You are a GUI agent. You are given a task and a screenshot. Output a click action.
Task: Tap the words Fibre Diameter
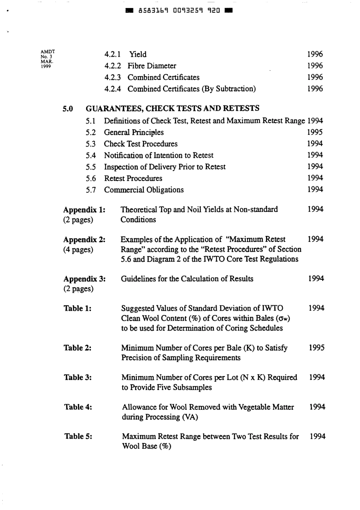152,66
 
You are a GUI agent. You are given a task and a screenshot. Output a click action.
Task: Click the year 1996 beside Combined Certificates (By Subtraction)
315,89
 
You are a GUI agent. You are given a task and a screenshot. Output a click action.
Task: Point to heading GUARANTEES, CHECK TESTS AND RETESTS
172,108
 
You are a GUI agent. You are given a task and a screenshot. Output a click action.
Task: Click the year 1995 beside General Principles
315,132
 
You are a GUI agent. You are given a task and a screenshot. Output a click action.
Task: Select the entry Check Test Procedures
141,144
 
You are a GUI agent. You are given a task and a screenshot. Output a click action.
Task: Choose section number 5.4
91,156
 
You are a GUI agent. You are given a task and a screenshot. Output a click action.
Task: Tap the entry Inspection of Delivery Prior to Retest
164,167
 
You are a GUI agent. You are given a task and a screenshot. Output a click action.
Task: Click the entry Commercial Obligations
144,190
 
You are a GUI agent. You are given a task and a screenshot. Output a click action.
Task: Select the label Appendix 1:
84,210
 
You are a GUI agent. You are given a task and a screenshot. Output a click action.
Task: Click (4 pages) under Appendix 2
78,250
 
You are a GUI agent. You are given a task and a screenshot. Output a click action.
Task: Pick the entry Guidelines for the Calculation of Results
187,279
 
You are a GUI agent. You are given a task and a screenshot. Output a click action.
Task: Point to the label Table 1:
77,309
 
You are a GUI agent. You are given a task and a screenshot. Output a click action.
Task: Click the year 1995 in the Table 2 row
316,348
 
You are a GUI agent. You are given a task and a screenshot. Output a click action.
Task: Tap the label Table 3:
78,377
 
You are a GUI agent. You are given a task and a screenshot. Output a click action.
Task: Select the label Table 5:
78,437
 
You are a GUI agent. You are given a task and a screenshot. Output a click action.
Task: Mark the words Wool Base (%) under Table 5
146,446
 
